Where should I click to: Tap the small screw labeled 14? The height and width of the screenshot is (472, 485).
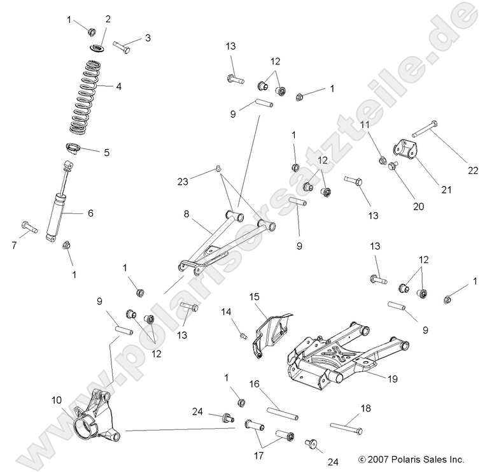point(242,334)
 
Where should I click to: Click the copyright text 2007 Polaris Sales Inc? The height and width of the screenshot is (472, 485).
point(411,458)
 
